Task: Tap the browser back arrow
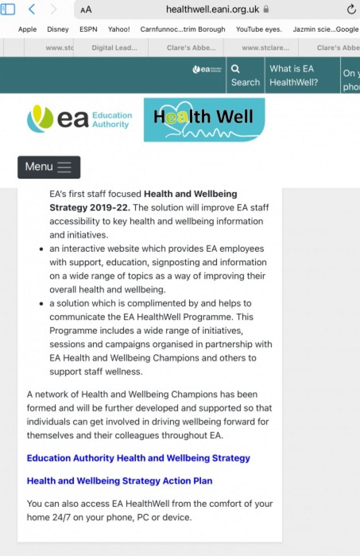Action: click(x=32, y=9)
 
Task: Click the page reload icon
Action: click(x=351, y=10)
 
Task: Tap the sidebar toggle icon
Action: click(x=8, y=9)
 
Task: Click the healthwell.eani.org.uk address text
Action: click(x=213, y=10)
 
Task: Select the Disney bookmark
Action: click(x=58, y=29)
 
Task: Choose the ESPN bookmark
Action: click(x=88, y=29)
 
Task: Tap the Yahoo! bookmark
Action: click(x=119, y=29)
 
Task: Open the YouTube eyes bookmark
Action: click(x=259, y=29)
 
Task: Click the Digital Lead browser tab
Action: click(x=114, y=48)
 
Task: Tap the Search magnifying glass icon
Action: click(x=236, y=69)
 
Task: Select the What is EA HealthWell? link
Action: click(x=293, y=75)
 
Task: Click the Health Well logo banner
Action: click(x=204, y=120)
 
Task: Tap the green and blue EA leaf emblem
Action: click(x=40, y=119)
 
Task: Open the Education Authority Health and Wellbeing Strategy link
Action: click(x=138, y=458)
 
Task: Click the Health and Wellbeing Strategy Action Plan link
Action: click(x=119, y=481)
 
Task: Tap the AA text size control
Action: click(x=86, y=10)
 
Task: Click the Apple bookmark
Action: click(x=28, y=29)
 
